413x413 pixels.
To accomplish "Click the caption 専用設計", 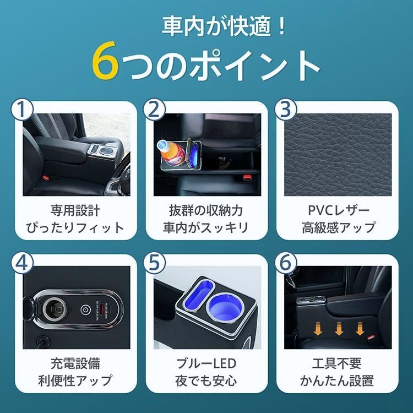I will [x=74, y=210].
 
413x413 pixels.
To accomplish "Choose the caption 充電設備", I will [x=74, y=364].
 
